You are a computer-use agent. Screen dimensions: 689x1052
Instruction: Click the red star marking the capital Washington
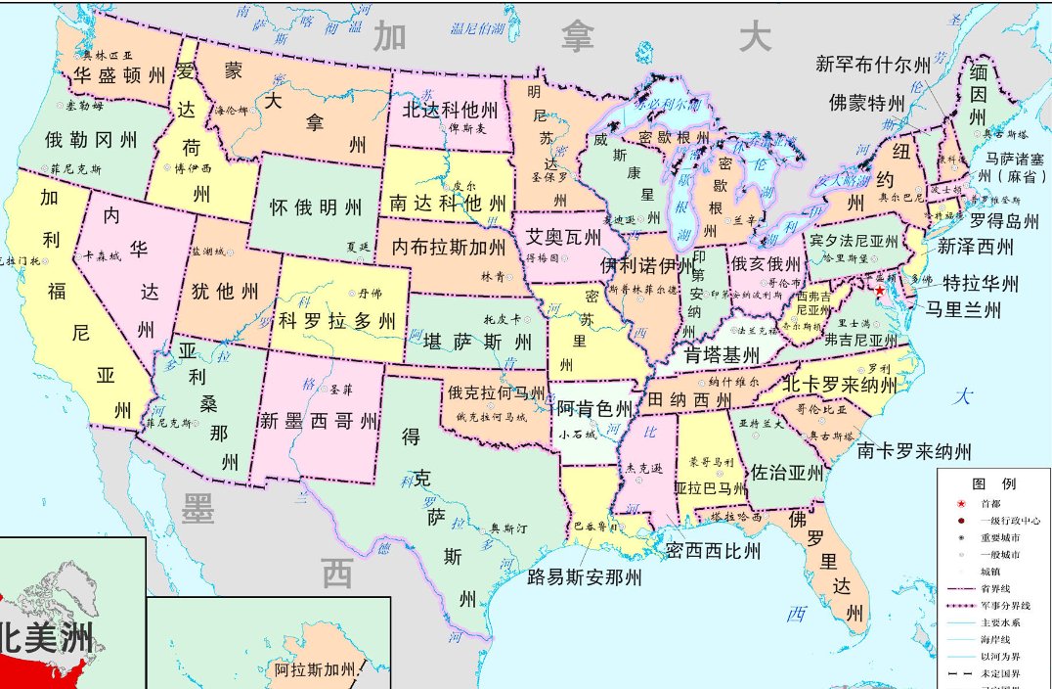879,291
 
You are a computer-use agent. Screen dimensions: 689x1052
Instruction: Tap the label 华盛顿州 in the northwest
119,74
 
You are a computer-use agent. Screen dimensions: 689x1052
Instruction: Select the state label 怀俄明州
316,207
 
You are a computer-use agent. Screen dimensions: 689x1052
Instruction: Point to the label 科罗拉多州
337,320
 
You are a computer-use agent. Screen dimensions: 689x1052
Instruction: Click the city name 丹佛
370,292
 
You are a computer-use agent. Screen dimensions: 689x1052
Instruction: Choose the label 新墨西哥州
319,422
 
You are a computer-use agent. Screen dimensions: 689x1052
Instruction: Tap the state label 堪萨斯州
478,342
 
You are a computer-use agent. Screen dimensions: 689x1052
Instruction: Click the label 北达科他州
451,109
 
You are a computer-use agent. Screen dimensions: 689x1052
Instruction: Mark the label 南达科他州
449,204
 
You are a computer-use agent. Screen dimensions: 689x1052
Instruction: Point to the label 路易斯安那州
585,577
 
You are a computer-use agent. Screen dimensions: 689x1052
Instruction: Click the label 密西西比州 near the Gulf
713,551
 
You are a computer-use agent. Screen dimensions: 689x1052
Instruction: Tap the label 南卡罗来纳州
914,451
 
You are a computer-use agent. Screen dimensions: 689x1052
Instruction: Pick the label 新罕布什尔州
873,66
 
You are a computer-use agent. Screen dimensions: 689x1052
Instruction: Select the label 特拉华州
981,284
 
